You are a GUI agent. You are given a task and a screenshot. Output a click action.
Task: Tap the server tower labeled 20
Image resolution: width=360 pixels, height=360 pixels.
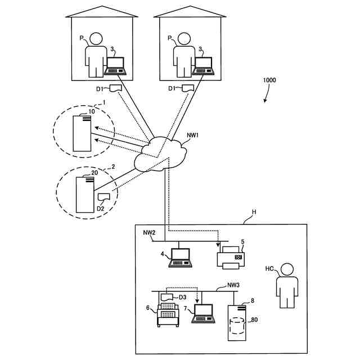(x=85, y=194)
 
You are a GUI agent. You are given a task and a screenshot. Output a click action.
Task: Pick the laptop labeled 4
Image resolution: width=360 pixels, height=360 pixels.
(x=181, y=258)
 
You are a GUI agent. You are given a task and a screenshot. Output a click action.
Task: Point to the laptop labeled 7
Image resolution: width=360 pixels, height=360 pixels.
(x=204, y=314)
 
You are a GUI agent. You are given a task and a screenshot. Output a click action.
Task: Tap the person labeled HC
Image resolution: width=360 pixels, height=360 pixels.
(x=287, y=285)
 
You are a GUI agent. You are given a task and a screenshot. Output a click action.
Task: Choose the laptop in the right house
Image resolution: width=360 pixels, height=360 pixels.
(x=204, y=66)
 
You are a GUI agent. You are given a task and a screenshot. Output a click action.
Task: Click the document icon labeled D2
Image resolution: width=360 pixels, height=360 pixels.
(x=103, y=197)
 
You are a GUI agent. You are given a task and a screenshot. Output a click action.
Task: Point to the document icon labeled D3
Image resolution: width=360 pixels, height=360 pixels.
(x=166, y=296)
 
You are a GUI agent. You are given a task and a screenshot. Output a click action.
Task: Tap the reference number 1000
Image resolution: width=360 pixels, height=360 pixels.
(x=269, y=80)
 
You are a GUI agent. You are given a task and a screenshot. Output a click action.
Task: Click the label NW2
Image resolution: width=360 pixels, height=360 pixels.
(x=149, y=232)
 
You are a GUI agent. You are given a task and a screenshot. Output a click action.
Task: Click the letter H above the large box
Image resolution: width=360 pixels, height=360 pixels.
(x=254, y=211)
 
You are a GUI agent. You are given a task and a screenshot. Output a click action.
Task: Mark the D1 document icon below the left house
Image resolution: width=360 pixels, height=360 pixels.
(x=116, y=88)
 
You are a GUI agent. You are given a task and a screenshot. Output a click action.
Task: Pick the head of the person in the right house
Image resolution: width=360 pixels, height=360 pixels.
(x=184, y=39)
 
